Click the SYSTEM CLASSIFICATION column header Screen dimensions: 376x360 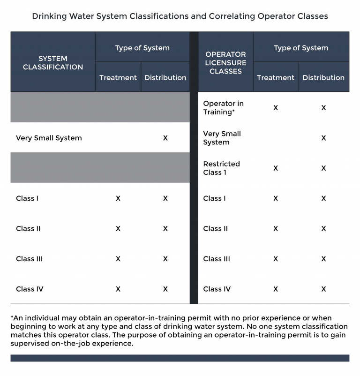pyautogui.click(x=53, y=62)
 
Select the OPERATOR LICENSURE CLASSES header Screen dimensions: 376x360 pyautogui.click(x=225, y=62)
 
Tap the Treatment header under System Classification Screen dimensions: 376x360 pyautogui.click(x=118, y=77)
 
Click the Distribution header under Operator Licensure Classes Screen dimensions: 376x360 pyautogui.click(x=323, y=77)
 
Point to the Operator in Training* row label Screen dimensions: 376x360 pyautogui.click(x=224, y=107)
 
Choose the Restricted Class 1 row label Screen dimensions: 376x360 pyautogui.click(x=221, y=168)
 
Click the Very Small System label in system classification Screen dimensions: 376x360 pyautogui.click(x=49, y=138)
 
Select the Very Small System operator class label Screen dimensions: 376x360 pyautogui.click(x=222, y=138)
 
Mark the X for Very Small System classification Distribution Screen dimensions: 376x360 pyautogui.click(x=165, y=138)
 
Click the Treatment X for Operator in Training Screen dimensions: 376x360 pyautogui.click(x=276, y=107)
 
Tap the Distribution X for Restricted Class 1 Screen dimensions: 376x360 pyautogui.click(x=323, y=168)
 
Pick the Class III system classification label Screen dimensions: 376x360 pyautogui.click(x=29, y=259)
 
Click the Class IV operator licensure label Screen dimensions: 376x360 pyautogui.click(x=217, y=289)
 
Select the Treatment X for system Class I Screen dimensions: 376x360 pyautogui.click(x=118, y=198)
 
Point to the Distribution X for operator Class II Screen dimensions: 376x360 pyautogui.click(x=323, y=228)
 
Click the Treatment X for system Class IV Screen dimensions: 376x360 pyautogui.click(x=118, y=289)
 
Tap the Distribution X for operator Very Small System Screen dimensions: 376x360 pyautogui.click(x=323, y=138)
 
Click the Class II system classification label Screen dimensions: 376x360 pyautogui.click(x=28, y=228)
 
